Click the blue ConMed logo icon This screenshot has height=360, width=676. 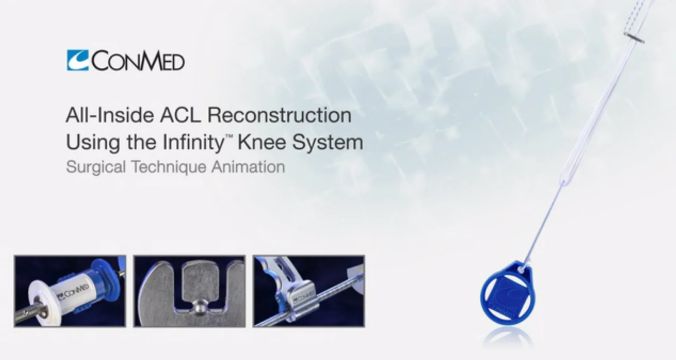pyautogui.click(x=77, y=60)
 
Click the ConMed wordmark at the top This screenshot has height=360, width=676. pyautogui.click(x=138, y=61)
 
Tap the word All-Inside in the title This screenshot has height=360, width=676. pyautogui.click(x=110, y=115)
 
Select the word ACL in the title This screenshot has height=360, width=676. pyautogui.click(x=180, y=115)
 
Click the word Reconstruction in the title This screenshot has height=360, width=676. pyautogui.click(x=279, y=115)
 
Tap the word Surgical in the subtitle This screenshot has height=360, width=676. pyautogui.click(x=96, y=167)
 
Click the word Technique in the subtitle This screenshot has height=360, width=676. pyautogui.click(x=169, y=167)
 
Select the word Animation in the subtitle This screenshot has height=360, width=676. pyautogui.click(x=248, y=167)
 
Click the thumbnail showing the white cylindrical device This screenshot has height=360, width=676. pyautogui.click(x=70, y=291)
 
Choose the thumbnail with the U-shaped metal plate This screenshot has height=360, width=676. pyautogui.click(x=189, y=291)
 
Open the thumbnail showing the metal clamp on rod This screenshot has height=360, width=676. pyautogui.click(x=309, y=291)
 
